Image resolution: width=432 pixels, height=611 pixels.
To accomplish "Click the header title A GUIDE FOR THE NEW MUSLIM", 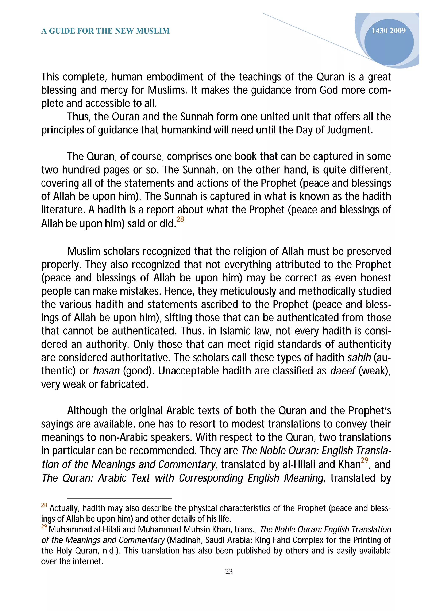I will [105, 31].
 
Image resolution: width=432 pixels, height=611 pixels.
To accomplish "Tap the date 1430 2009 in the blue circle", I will [388, 31].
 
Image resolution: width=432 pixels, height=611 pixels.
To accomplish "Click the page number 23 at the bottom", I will [229, 571].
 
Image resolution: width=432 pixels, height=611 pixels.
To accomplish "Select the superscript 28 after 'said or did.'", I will [180, 219].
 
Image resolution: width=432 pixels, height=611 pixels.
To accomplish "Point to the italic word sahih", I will [359, 357].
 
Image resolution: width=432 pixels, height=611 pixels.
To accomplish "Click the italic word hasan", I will [106, 371].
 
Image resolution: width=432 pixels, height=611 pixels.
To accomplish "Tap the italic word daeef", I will [343, 371].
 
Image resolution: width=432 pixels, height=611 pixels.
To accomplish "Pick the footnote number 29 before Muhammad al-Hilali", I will [44, 527].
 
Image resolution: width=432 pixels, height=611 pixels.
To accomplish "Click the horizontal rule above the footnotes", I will [120, 498].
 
